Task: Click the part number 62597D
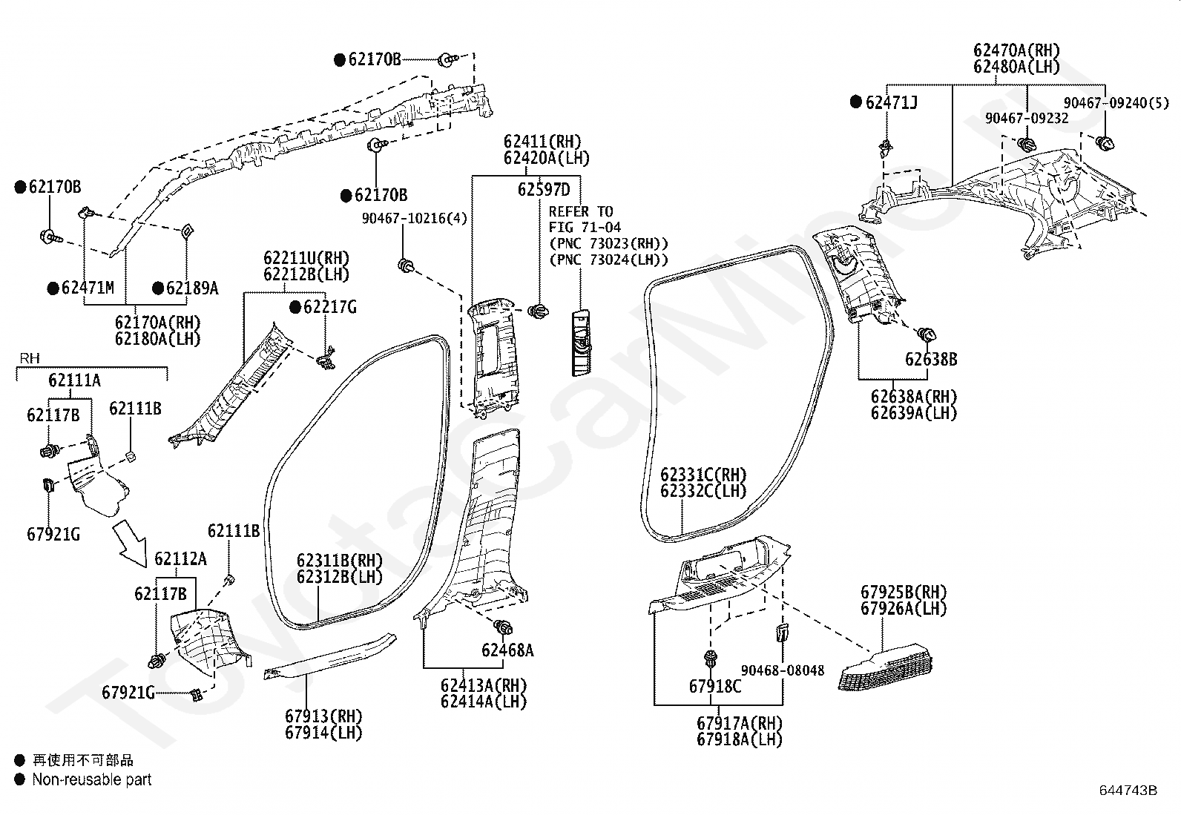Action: (544, 190)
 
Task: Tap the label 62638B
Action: (931, 360)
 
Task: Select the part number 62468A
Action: (507, 650)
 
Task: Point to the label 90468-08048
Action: (783, 670)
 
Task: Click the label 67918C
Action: (715, 687)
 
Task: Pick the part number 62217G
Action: (330, 307)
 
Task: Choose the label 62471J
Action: (892, 102)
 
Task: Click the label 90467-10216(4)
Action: (415, 218)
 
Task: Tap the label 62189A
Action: (192, 288)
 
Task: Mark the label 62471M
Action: (88, 288)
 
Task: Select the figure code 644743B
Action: (1128, 791)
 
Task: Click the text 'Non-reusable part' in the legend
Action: (92, 779)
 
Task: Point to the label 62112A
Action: (180, 559)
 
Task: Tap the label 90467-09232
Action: (1027, 119)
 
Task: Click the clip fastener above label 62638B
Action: (927, 334)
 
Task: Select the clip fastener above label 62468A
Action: (504, 627)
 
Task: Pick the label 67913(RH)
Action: (323, 716)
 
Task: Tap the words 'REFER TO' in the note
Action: (581, 212)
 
